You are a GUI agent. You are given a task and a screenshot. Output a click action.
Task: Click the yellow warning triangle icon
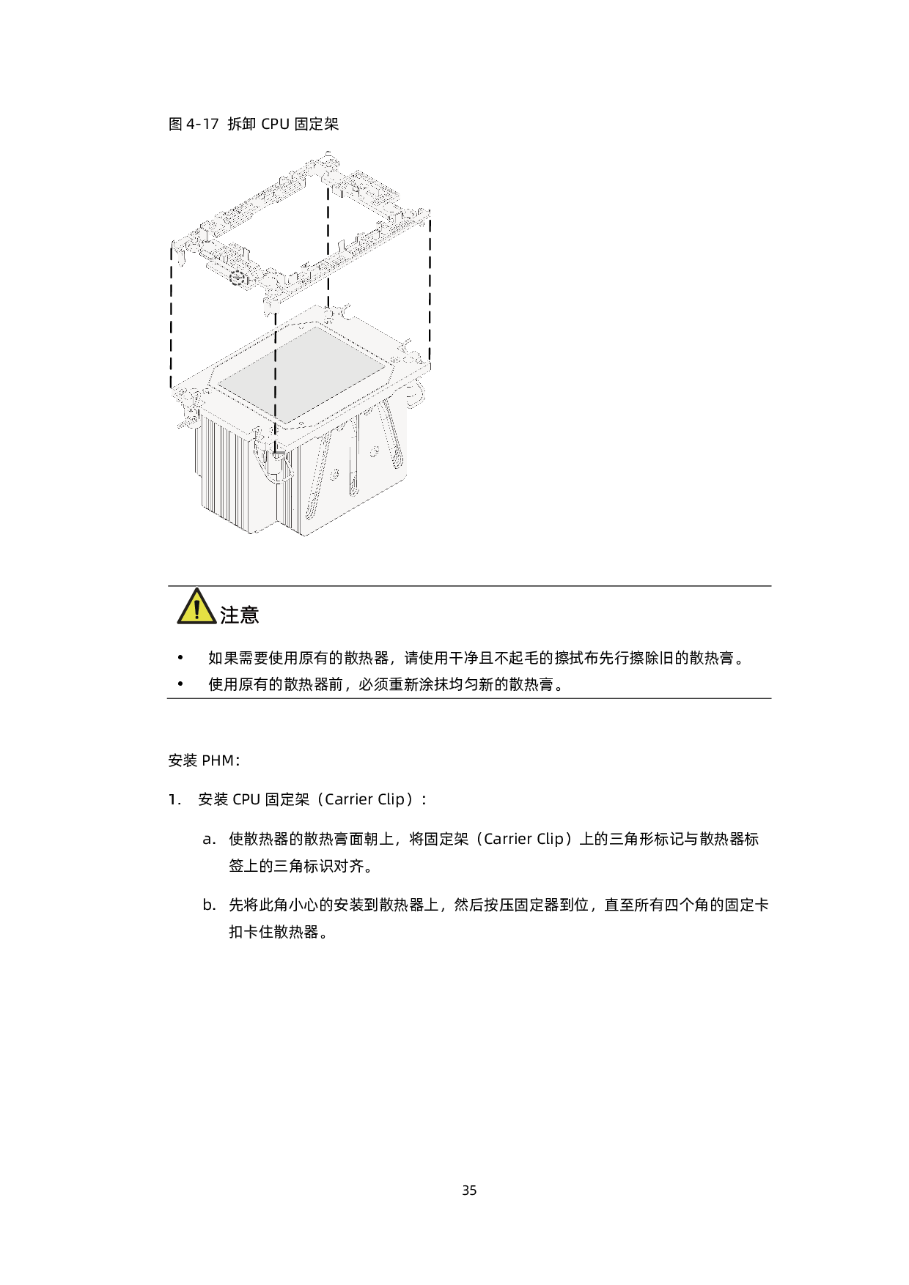coord(196,607)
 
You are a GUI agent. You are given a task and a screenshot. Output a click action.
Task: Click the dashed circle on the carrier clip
coord(237,277)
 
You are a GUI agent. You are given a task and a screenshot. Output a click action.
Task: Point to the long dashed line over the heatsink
coord(276,388)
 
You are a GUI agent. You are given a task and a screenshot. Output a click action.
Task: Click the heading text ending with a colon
coord(350,799)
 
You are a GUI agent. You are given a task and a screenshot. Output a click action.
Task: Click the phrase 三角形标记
coord(646,839)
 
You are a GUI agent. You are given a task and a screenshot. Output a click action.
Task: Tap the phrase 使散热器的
coord(265,839)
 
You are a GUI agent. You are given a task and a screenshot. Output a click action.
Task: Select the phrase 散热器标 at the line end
coord(729,839)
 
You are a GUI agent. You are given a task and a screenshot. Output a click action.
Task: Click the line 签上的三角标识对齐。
coord(303,866)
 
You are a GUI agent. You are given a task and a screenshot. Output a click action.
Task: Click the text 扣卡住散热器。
coord(280,932)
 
